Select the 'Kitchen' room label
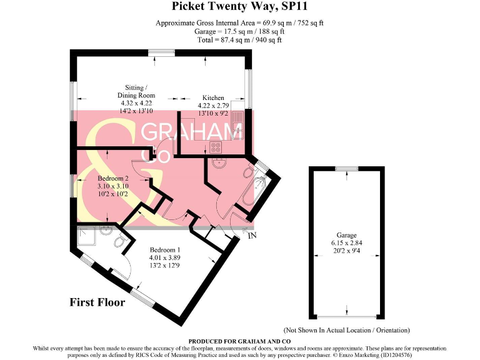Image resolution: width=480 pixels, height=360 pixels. tap(213, 98)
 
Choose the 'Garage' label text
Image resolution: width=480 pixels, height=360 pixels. tap(347, 235)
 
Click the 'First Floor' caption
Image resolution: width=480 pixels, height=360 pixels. tap(97, 302)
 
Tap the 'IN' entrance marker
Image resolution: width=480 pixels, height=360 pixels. tap(252, 236)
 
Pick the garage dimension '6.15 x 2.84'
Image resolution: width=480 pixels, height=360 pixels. tap(347, 243)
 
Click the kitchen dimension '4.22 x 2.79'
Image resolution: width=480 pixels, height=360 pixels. tap(213, 106)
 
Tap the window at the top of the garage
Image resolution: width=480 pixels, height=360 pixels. tap(346, 167)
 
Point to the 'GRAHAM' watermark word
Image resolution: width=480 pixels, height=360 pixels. tap(192, 132)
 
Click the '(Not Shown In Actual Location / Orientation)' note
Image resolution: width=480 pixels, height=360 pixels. tap(347, 330)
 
